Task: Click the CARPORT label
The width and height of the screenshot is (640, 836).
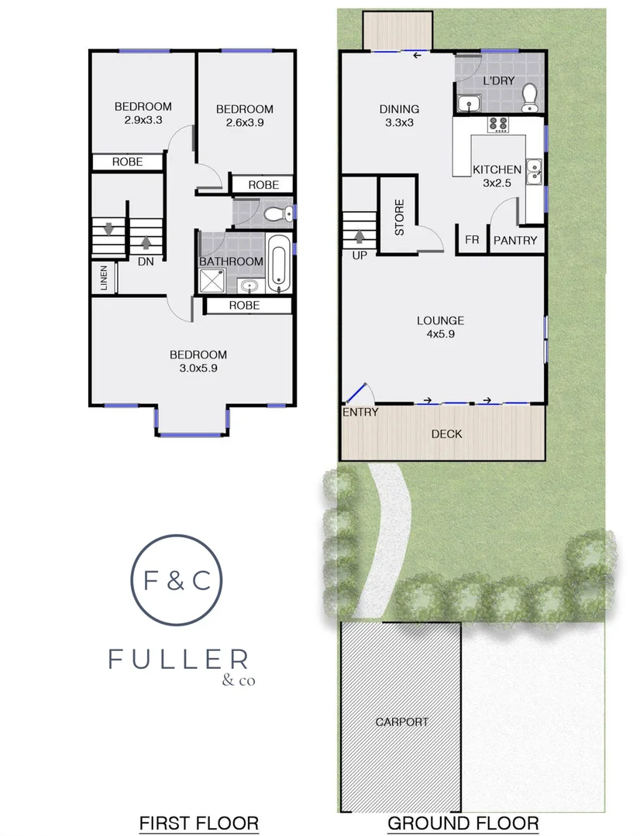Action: pyautogui.click(x=401, y=721)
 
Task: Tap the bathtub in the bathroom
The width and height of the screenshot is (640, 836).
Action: pyautogui.click(x=279, y=263)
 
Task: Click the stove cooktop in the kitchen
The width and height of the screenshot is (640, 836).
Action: pyautogui.click(x=497, y=124)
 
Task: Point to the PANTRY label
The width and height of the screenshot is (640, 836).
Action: pyautogui.click(x=515, y=241)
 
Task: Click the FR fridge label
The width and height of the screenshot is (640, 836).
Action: pyautogui.click(x=472, y=241)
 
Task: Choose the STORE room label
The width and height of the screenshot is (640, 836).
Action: pyautogui.click(x=400, y=218)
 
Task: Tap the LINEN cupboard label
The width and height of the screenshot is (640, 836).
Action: pyautogui.click(x=105, y=279)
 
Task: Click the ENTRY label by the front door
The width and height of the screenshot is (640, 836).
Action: pyautogui.click(x=360, y=413)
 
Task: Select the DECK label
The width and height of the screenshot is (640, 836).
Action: pyautogui.click(x=446, y=433)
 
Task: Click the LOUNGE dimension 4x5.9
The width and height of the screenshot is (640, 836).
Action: pyautogui.click(x=440, y=334)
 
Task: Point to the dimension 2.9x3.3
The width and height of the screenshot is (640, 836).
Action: pyautogui.click(x=143, y=120)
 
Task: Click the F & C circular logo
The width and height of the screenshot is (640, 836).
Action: pyautogui.click(x=177, y=580)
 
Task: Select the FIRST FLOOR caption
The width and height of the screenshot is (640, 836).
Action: pyautogui.click(x=198, y=822)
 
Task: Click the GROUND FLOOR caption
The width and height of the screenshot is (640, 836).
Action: pyautogui.click(x=463, y=822)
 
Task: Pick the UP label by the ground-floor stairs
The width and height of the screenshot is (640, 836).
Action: pyautogui.click(x=360, y=255)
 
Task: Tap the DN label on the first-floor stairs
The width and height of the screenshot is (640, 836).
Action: pyautogui.click(x=146, y=262)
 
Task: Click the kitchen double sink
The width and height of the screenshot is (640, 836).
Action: pyautogui.click(x=534, y=172)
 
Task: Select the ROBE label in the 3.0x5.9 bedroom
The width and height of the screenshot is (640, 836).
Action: pyautogui.click(x=244, y=306)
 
